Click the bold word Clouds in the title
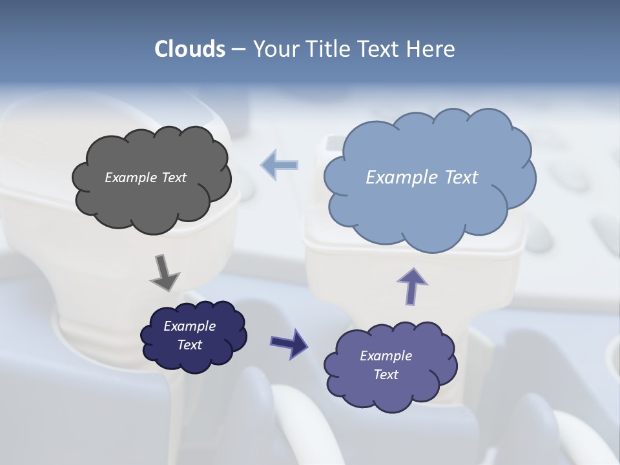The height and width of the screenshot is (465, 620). click(189, 49)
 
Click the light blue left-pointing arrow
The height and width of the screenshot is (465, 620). click(280, 165)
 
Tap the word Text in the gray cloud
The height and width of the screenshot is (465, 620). click(174, 178)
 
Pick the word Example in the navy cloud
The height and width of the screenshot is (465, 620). click(189, 326)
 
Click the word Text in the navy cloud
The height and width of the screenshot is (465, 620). click(189, 345)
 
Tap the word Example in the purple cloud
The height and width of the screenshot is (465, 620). click(386, 356)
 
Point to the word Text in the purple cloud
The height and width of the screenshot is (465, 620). click(386, 375)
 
